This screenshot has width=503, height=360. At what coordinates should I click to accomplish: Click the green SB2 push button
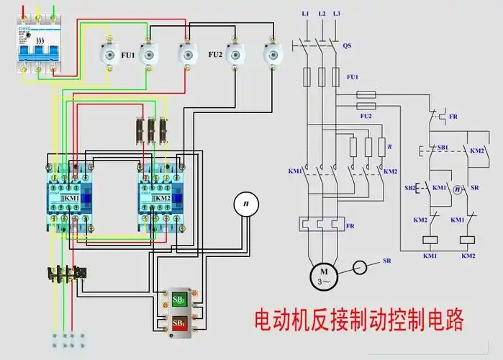(178, 299)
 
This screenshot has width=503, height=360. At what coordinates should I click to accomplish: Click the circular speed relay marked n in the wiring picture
(245, 204)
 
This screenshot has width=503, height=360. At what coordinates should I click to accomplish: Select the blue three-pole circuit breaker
(35, 50)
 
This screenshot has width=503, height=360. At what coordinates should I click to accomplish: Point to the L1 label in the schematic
(305, 14)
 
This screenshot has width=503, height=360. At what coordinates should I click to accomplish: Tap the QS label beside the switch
(347, 45)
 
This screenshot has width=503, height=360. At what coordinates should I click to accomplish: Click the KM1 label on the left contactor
(72, 198)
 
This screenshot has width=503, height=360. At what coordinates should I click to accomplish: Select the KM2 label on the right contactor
(163, 198)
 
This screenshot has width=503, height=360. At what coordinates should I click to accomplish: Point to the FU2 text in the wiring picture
(215, 54)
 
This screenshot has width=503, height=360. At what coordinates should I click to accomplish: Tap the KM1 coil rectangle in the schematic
(430, 241)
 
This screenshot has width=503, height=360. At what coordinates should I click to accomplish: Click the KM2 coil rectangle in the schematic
(468, 241)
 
